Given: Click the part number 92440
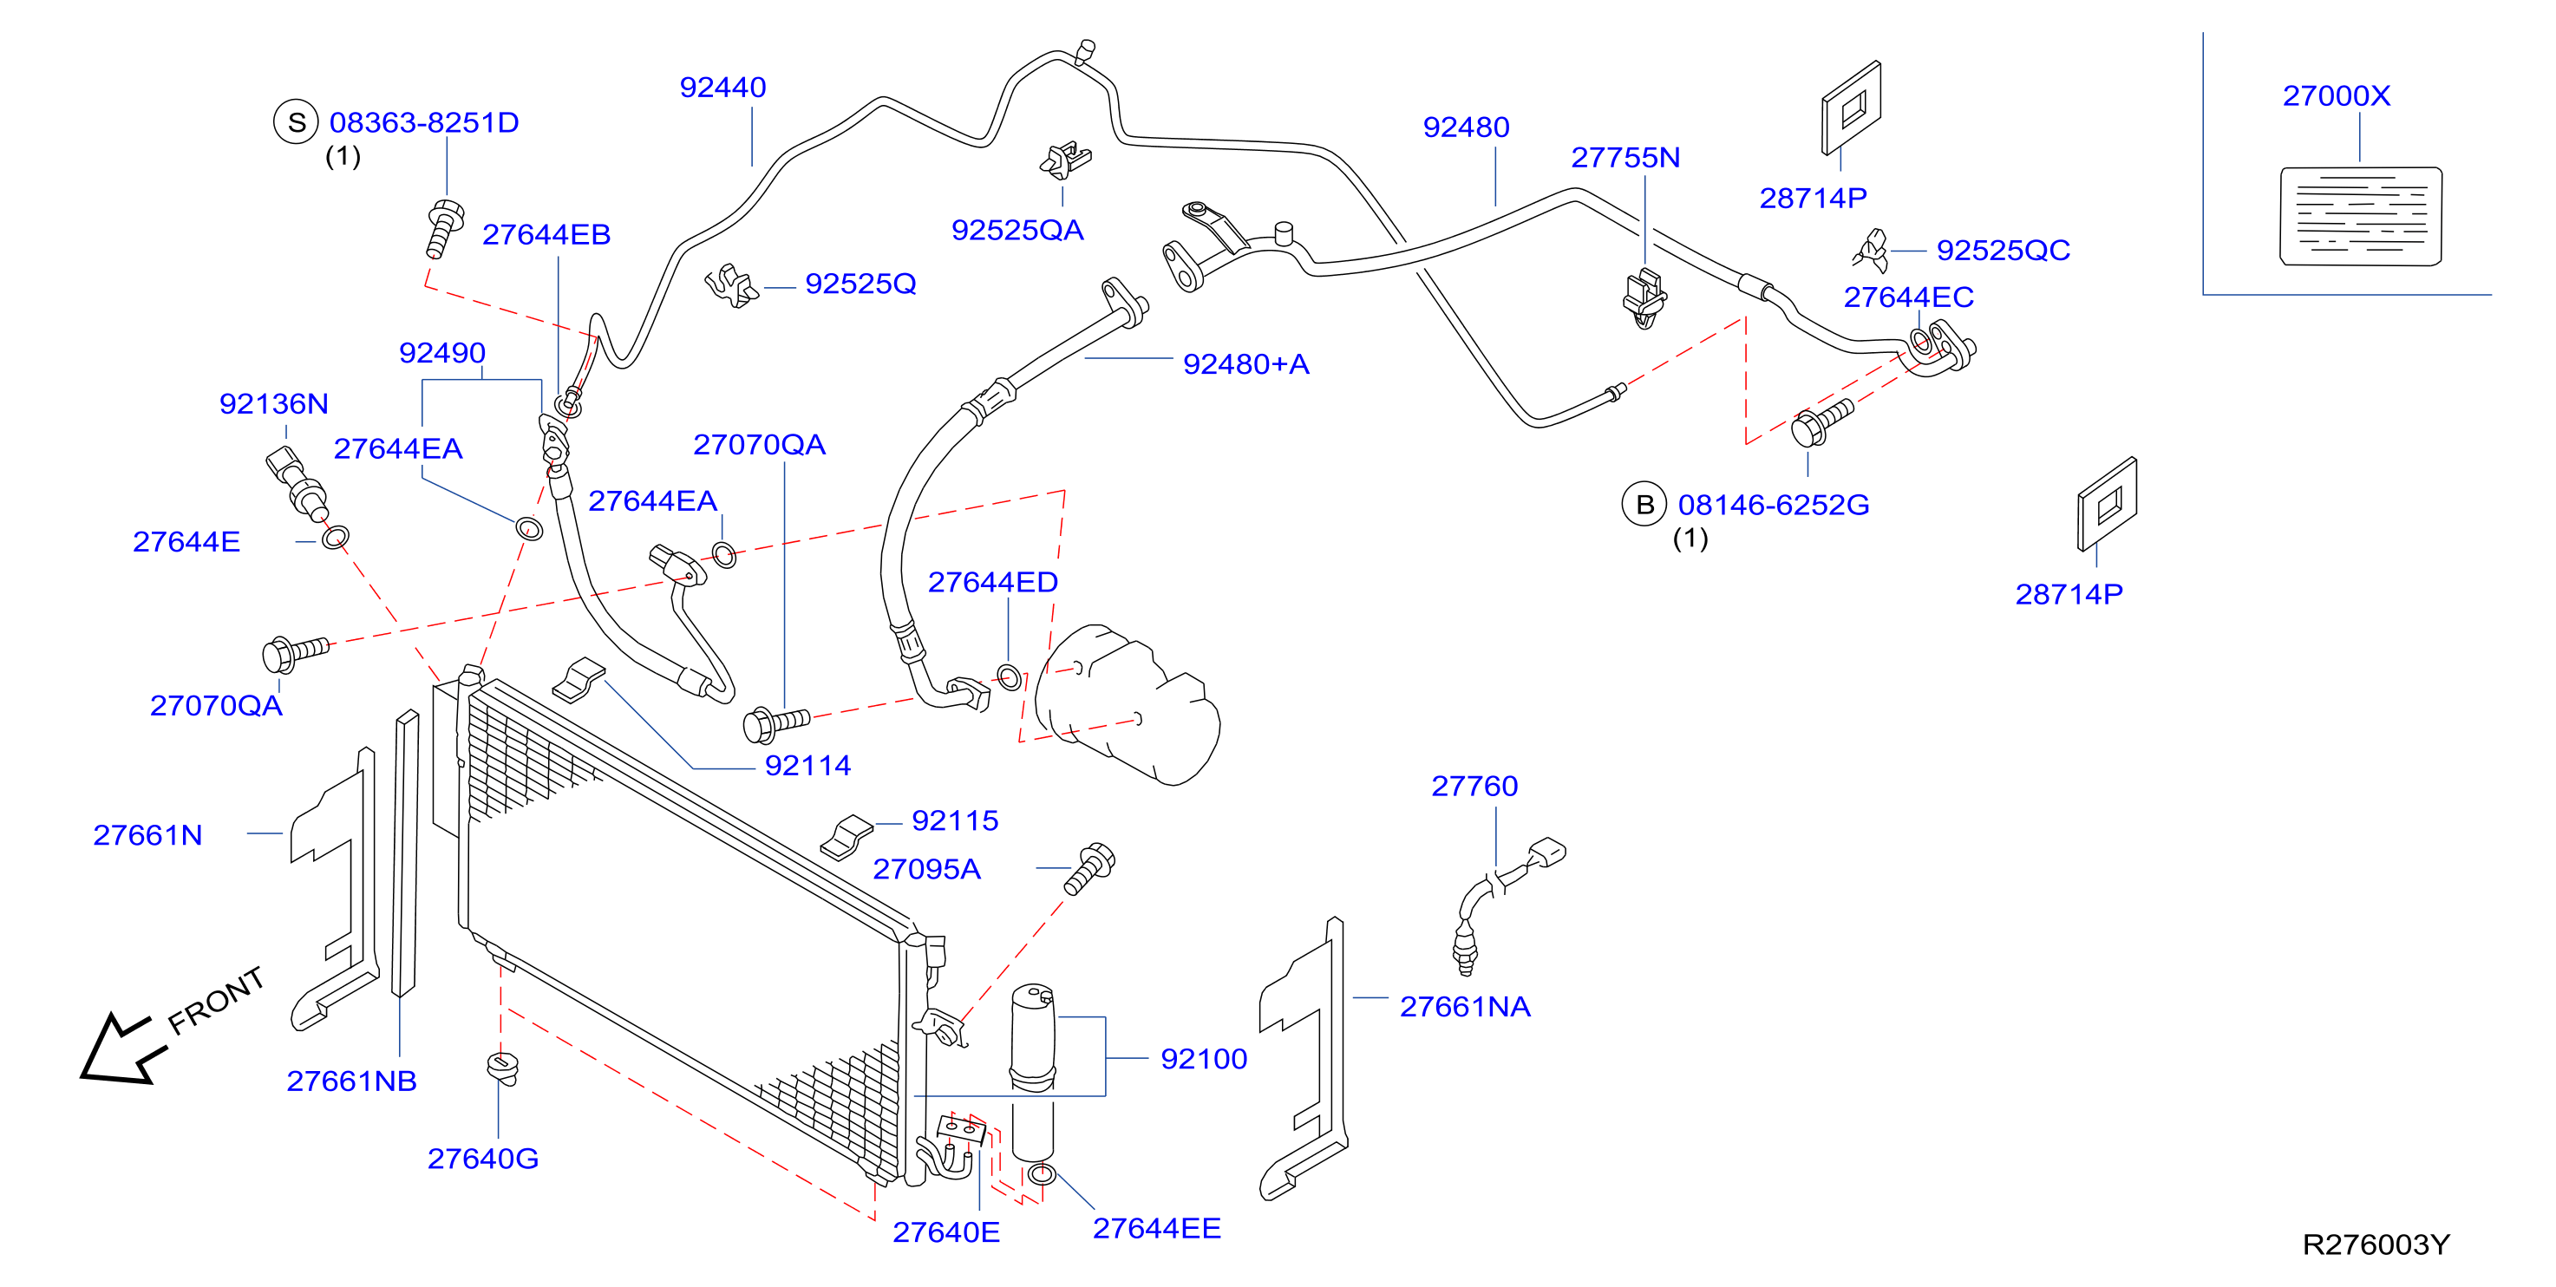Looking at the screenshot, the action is [x=722, y=88].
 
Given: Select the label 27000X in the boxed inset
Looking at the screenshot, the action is [x=2336, y=96].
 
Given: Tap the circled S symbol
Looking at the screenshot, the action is [x=296, y=122].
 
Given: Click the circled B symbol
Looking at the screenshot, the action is [x=1644, y=504].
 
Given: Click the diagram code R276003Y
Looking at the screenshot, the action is [x=2376, y=1245].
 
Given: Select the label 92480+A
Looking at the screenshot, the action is [x=1245, y=364].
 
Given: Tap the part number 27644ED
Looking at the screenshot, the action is [x=992, y=583].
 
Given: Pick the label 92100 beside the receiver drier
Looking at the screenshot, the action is [x=1204, y=1059].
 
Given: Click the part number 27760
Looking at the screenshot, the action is [x=1474, y=786].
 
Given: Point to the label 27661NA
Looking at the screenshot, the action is [x=1465, y=1007].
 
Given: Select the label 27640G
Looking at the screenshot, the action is [x=483, y=1159].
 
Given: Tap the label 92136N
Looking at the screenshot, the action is [x=274, y=404].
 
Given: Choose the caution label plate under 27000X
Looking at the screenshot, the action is [x=2361, y=216].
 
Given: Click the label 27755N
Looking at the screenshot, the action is [x=1625, y=158].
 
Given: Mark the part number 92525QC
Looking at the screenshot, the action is [x=2004, y=250].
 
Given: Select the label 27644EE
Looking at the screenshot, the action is [x=1157, y=1228].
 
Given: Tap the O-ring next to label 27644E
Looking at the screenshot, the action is [x=336, y=538].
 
